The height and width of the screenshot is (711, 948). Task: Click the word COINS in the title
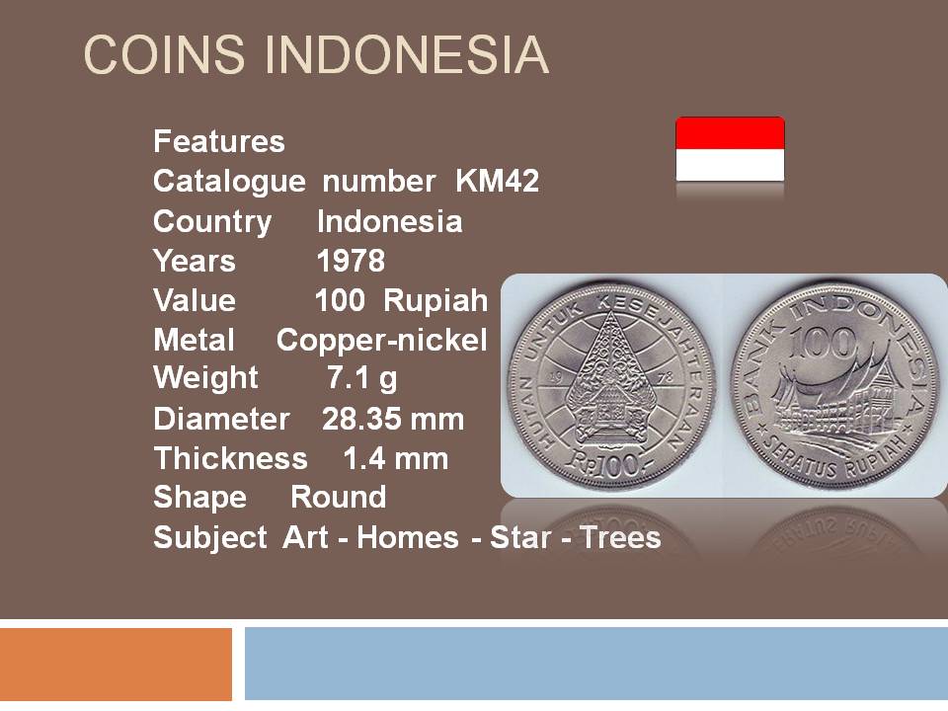164,54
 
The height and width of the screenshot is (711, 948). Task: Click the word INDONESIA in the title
407,54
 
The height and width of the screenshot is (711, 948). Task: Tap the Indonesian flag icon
730,149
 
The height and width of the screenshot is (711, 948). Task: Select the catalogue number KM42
497,181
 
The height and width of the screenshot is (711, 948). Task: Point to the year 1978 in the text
351,261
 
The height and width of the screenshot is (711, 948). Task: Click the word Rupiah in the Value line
435,300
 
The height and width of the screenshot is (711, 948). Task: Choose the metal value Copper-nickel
381,341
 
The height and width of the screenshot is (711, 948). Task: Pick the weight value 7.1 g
362,378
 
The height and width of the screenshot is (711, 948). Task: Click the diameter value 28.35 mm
393,419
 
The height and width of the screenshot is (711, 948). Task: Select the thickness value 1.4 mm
395,458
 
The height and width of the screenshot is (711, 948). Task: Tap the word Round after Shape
339,497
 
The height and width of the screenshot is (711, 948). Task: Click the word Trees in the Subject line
621,537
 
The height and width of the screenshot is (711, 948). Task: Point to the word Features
219,141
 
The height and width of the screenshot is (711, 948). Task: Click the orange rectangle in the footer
116,664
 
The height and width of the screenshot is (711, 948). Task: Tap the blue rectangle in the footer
596,664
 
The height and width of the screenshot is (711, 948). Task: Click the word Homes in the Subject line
408,537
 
